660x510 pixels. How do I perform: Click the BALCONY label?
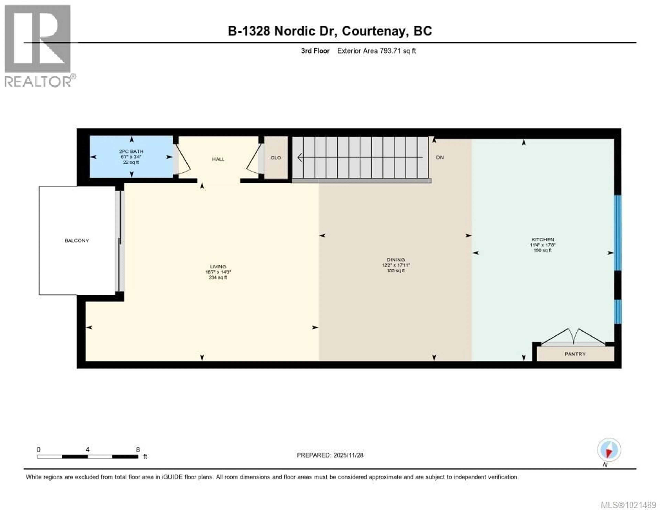77,241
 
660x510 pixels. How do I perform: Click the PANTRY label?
575,354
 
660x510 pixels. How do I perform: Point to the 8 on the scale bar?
138,449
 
